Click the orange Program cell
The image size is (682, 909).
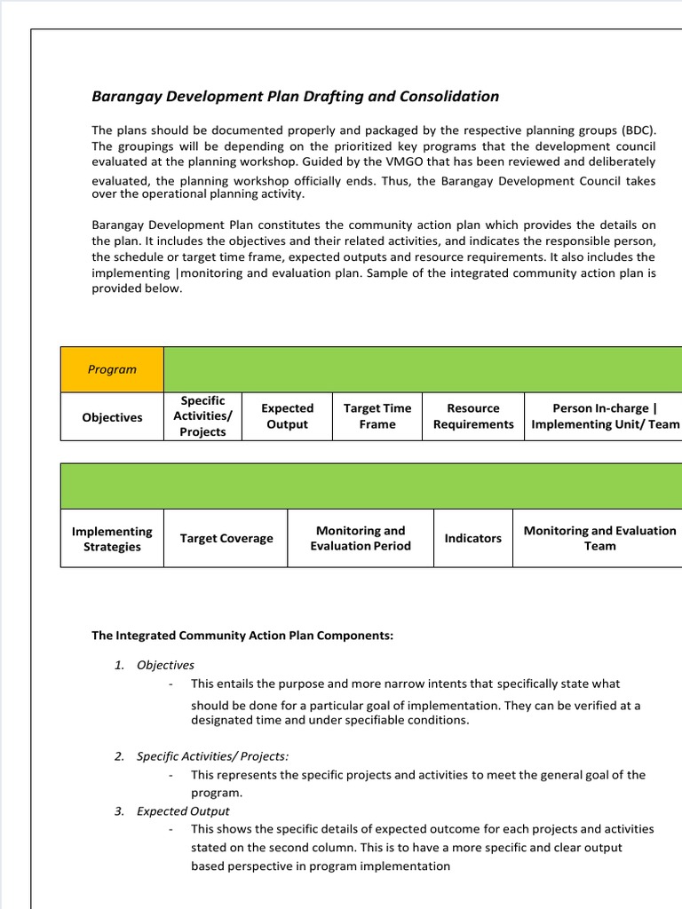pos(112,369)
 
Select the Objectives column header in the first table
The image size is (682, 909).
pos(112,417)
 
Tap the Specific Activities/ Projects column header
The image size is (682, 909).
pos(202,416)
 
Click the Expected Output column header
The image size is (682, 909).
pos(287,416)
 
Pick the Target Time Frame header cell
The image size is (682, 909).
pos(377,416)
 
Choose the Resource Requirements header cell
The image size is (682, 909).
pos(473,416)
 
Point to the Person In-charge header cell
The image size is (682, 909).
pos(605,416)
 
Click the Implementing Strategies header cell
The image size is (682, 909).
pos(112,539)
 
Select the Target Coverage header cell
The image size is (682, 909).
pos(226,539)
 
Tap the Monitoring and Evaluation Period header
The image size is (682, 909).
pos(361,538)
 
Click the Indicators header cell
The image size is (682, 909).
pos(472,539)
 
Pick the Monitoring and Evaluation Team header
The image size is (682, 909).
pos(599,538)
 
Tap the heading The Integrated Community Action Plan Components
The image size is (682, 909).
pos(242,636)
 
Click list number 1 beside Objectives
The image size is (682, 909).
pos(119,665)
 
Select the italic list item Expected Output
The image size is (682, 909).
pos(183,811)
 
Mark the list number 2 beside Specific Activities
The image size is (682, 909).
pos(119,756)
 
